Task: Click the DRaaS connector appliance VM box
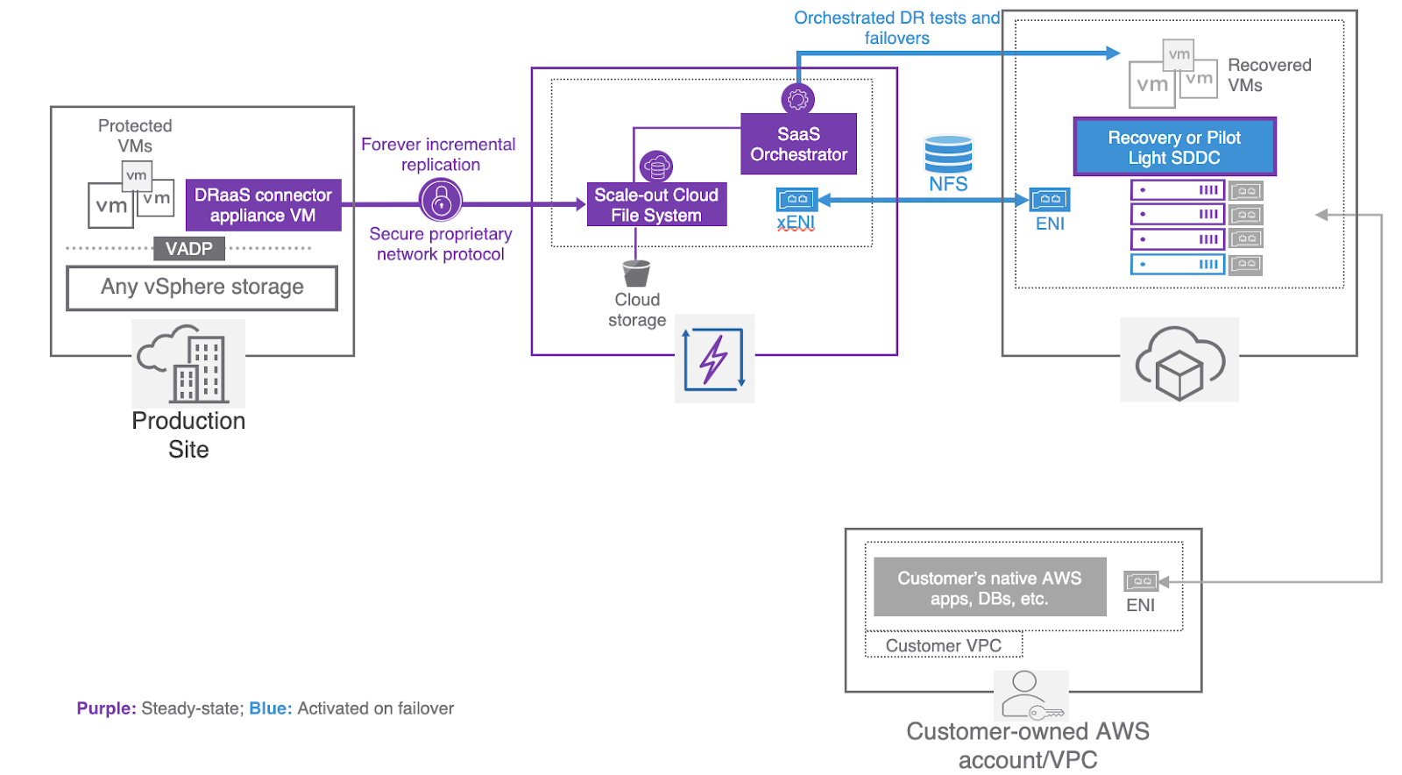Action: (263, 205)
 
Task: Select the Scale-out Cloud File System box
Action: (656, 205)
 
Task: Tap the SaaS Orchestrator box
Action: (798, 145)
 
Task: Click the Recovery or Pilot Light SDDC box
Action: (1174, 147)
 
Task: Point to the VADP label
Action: (189, 249)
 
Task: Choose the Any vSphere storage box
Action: (202, 288)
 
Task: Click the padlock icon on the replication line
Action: (441, 201)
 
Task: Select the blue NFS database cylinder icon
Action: (948, 154)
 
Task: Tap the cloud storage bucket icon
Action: (636, 274)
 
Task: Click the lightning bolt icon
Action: (714, 359)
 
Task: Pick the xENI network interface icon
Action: (797, 200)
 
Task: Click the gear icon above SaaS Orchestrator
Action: (797, 99)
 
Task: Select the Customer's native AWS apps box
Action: (989, 587)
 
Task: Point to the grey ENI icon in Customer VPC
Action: (1141, 581)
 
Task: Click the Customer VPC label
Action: (943, 646)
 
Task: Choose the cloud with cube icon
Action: (1179, 361)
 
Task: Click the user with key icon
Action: (1030, 695)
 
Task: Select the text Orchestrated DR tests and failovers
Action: (896, 28)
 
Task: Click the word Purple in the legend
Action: (106, 708)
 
